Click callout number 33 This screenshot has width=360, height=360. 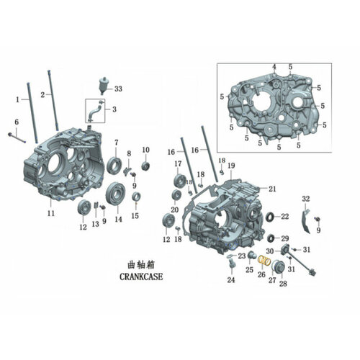[x=119, y=89]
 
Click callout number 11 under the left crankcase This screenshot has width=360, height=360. [x=51, y=213]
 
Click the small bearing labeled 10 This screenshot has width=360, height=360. [x=145, y=167]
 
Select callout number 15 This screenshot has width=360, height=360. [x=135, y=215]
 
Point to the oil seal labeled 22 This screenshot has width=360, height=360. [x=270, y=216]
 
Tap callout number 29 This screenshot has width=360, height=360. [x=285, y=238]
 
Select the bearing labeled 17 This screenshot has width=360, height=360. [x=179, y=180]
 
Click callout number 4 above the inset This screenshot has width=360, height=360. [x=274, y=67]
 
